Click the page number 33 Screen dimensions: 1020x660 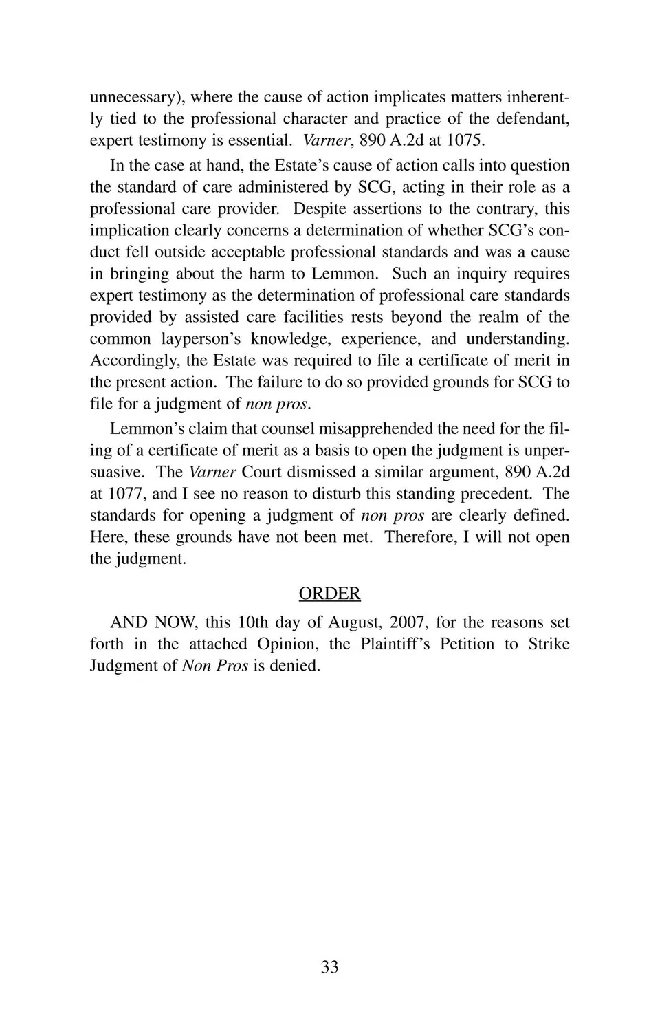[329, 967]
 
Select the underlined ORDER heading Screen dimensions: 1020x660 [329, 594]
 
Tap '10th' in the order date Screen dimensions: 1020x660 [252, 622]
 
